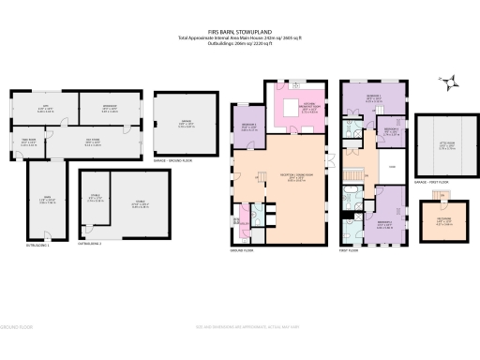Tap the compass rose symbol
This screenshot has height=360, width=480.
451,82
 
